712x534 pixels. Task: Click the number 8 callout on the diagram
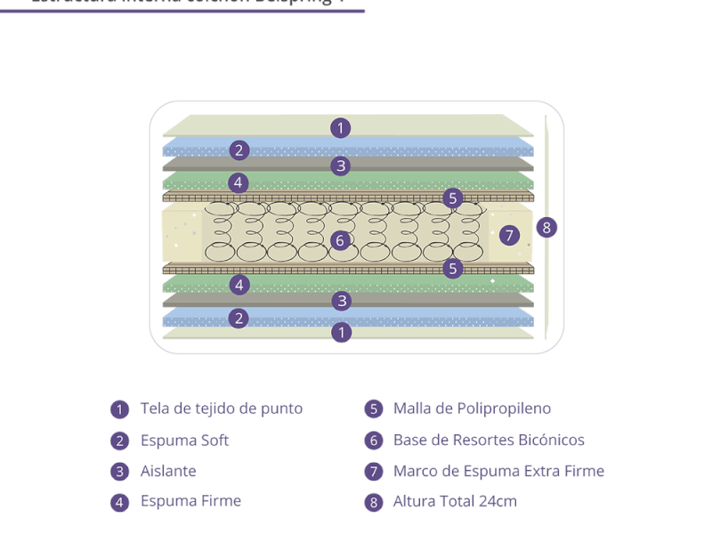point(547,227)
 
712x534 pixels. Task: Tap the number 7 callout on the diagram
point(509,235)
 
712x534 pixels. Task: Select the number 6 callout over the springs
point(339,240)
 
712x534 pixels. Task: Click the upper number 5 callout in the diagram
point(453,198)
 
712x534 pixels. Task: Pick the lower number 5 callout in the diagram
point(453,268)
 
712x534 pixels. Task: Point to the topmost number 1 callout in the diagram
point(339,127)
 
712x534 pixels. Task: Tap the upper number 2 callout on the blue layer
point(238,150)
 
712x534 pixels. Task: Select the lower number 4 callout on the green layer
point(238,285)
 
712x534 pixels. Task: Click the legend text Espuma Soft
point(184,441)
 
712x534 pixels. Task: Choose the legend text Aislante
point(168,471)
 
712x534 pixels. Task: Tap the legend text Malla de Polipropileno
point(472,409)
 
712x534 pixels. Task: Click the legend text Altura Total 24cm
point(455,501)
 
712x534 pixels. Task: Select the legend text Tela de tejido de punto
point(222,409)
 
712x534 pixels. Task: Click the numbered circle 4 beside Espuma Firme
point(120,502)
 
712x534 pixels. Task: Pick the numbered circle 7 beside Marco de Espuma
point(374,472)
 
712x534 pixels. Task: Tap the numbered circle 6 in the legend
point(374,441)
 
